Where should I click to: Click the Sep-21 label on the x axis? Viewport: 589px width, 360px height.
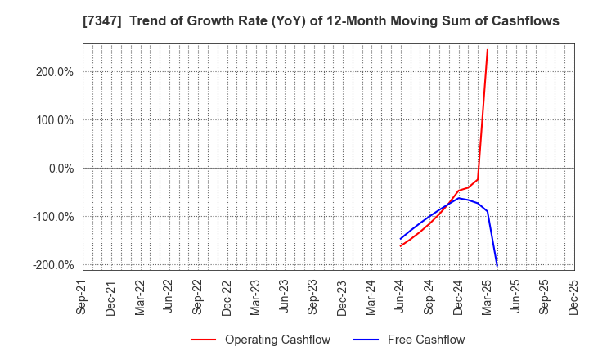tap(83, 297)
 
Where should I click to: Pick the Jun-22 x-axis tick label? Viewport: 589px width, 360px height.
tap(169, 297)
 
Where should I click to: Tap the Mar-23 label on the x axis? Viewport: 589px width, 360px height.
tap(255, 297)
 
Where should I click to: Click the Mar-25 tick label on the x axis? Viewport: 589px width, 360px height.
tap(487, 297)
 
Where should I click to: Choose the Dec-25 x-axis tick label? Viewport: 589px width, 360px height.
tap(573, 297)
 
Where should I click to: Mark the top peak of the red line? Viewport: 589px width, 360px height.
tap(488, 49)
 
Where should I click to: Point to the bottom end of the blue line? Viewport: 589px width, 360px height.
tap(497, 265)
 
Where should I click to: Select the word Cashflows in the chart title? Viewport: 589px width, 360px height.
tap(523, 20)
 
